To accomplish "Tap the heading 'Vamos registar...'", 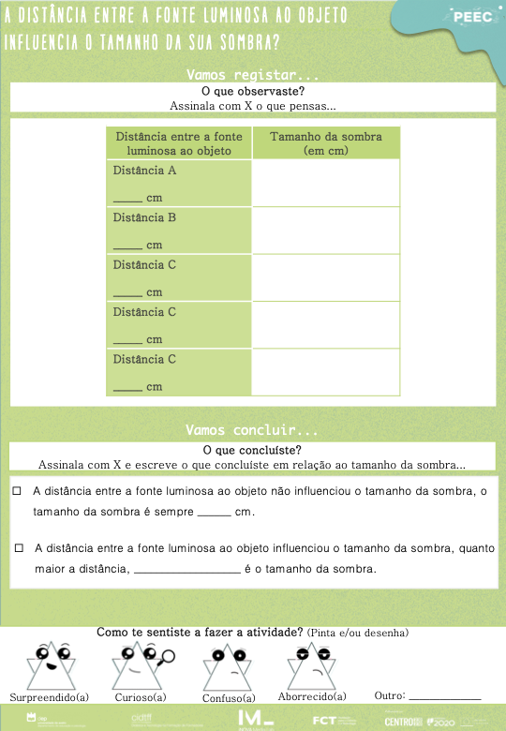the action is coord(252,74).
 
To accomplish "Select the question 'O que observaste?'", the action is coord(253,91).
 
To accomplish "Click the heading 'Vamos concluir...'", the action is coord(252,431).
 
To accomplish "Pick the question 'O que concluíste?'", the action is coord(253,450).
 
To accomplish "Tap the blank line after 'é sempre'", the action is coord(215,514).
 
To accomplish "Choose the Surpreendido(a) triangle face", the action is coord(48,665).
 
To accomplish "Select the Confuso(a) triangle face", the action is coord(228,667).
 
